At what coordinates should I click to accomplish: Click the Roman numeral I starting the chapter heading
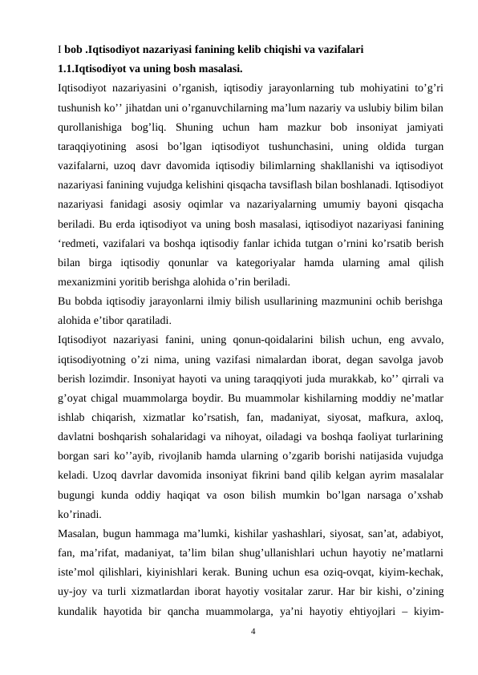pos(60,49)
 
